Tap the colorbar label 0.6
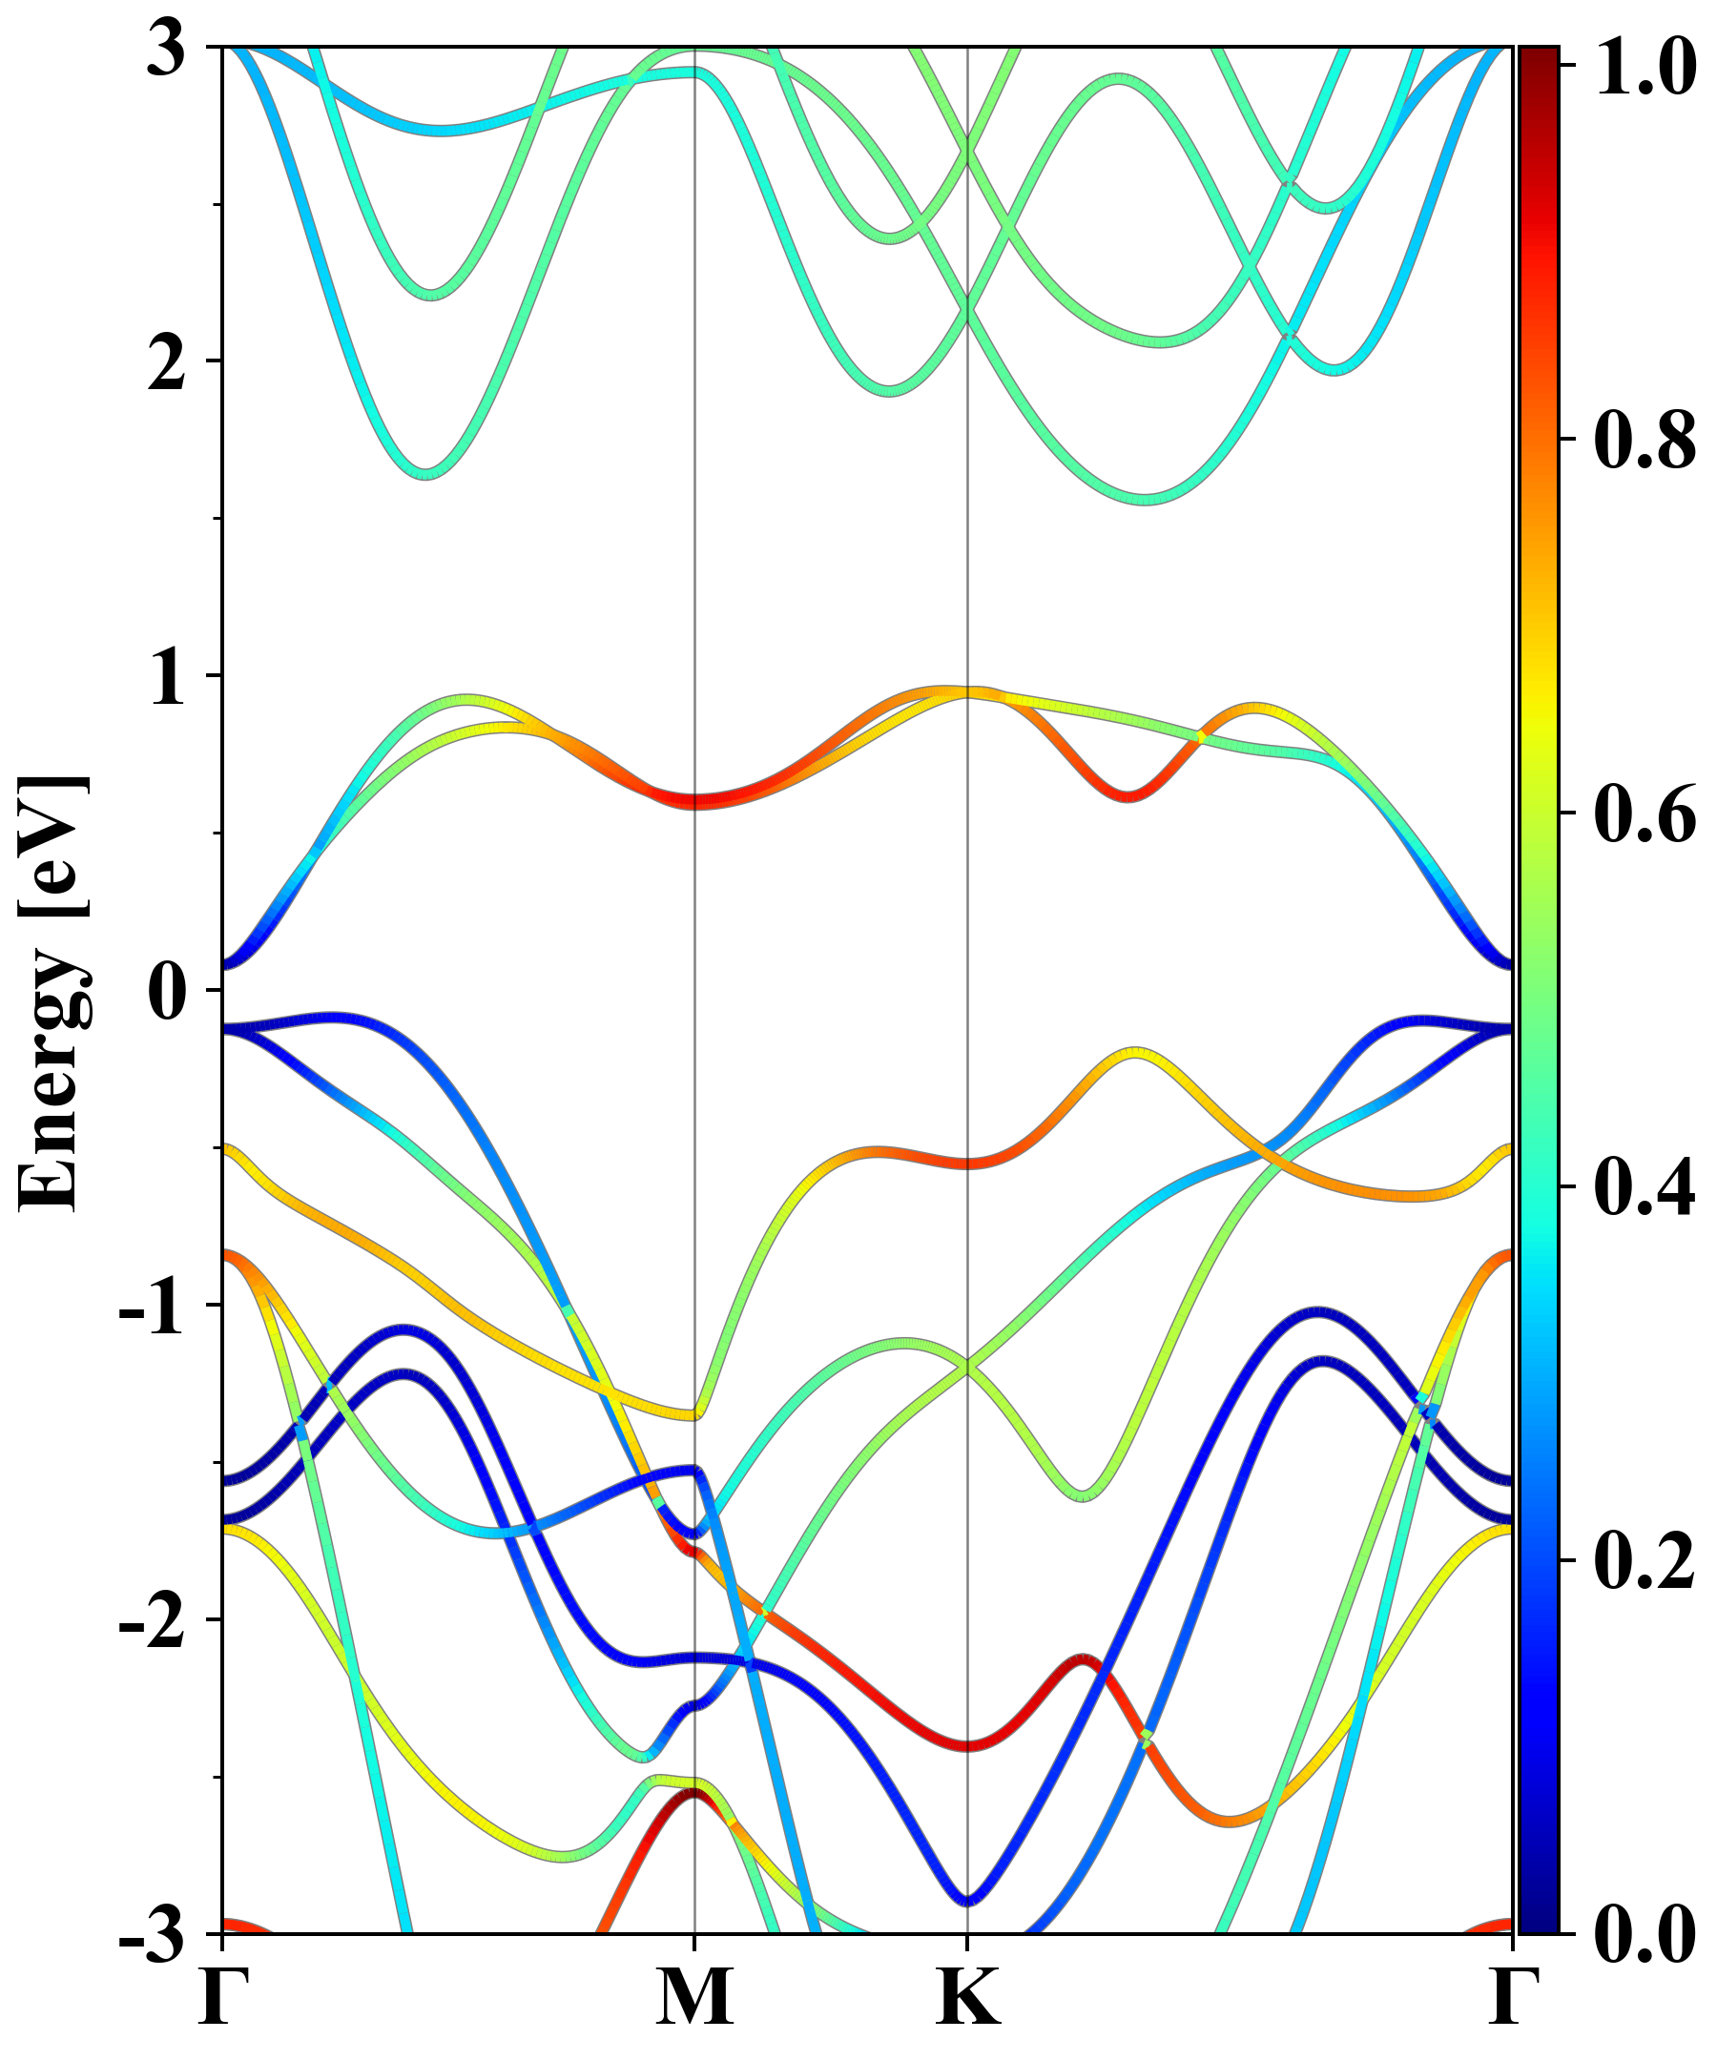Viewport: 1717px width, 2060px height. [1645, 814]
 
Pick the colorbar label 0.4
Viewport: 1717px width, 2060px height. [1645, 1188]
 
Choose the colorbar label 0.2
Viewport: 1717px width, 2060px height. [1645, 1561]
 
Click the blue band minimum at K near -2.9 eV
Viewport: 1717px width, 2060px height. [968, 1901]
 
